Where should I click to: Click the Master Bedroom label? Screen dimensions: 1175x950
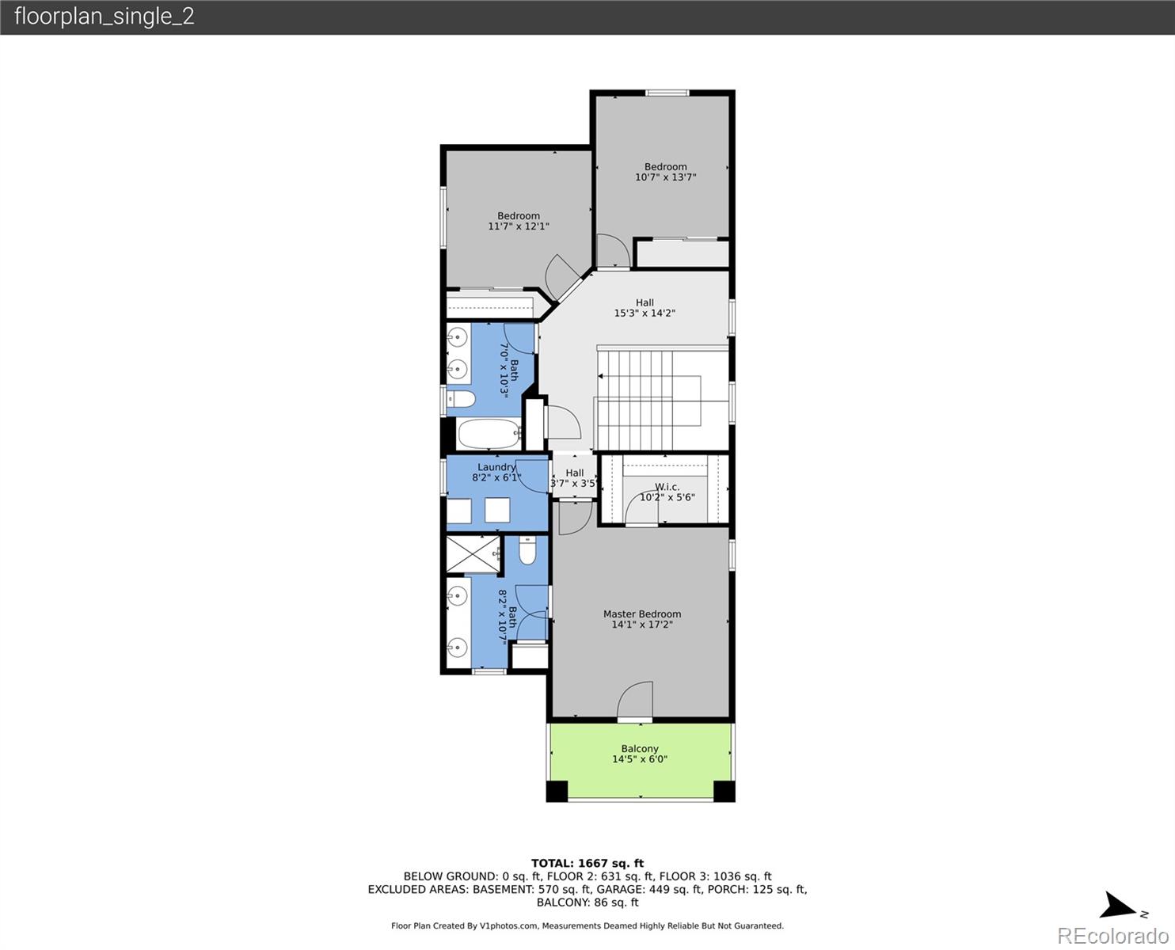pos(641,614)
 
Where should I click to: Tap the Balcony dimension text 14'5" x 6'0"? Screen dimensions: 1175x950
pos(639,759)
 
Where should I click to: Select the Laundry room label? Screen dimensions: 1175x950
pos(496,467)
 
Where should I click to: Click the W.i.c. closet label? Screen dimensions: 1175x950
pos(667,487)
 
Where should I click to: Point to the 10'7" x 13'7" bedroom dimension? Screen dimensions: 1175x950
pos(665,177)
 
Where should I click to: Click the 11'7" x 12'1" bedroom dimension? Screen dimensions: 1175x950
pos(519,226)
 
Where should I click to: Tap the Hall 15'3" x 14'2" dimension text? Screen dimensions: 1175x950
pos(645,313)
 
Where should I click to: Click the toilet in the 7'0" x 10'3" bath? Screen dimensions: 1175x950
pos(461,399)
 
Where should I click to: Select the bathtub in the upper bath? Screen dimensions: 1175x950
pos(489,434)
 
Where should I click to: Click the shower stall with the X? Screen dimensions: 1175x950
pos(473,554)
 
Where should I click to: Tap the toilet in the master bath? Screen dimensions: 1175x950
pos(527,550)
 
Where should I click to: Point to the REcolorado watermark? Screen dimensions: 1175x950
pos(1112,936)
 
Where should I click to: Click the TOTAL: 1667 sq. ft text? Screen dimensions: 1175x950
pos(587,864)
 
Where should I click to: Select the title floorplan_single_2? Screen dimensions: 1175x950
pos(105,16)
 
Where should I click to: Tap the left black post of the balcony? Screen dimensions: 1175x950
pos(557,791)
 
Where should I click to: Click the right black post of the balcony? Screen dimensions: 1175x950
pos(724,791)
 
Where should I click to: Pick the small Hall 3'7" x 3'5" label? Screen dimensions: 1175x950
pos(574,478)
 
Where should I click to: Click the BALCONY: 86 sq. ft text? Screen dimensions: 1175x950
pos(587,902)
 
